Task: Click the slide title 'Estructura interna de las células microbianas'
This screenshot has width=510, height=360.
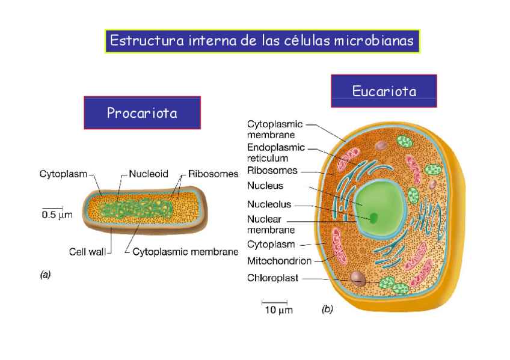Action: pos(262,41)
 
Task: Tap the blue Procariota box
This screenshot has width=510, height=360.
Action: pos(142,112)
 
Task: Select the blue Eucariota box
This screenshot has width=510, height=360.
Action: pos(384,91)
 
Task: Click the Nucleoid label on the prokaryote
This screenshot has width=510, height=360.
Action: pos(149,174)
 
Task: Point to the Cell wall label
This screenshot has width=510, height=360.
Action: pos(87,252)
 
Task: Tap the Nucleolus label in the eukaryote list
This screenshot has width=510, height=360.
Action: pos(269,204)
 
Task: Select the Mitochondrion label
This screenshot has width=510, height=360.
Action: pos(279,261)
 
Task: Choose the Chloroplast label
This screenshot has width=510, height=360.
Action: pos(273,278)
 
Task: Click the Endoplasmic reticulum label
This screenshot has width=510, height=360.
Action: pos(275,153)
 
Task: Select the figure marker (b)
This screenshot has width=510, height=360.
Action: pos(327,310)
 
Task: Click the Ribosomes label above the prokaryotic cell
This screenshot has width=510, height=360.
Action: pos(214,174)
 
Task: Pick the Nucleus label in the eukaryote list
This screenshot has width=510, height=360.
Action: pos(265,186)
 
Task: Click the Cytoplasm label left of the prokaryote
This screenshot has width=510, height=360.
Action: pos(63,174)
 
